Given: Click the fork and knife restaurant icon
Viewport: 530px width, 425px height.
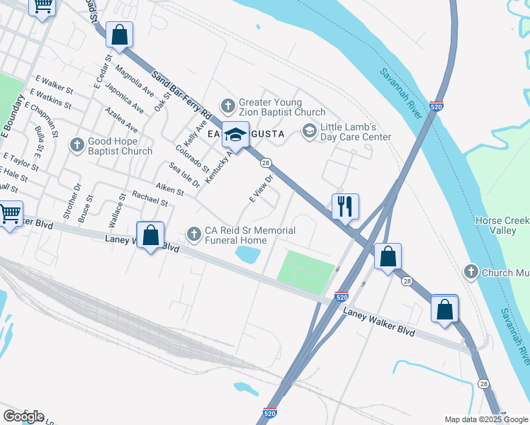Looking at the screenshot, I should coord(345,206).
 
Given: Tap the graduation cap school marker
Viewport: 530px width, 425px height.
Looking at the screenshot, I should coord(235,133).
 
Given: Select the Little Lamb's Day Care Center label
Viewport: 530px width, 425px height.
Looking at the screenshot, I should coord(356,131).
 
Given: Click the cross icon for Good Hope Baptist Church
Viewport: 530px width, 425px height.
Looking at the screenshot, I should coord(77,144).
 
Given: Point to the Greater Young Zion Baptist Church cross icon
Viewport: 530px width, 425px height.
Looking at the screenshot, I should coord(227,106).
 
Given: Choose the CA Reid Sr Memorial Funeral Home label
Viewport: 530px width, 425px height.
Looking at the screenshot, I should coord(245,235).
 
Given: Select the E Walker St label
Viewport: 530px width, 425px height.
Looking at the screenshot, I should coord(54,86).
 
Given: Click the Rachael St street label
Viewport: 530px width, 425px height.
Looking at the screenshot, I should coord(150,201).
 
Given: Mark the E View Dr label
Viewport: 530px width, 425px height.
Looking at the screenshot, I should coord(261,189).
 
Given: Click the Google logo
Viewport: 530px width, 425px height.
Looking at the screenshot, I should coord(23,416).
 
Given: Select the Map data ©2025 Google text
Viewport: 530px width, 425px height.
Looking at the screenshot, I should coord(485,419).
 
